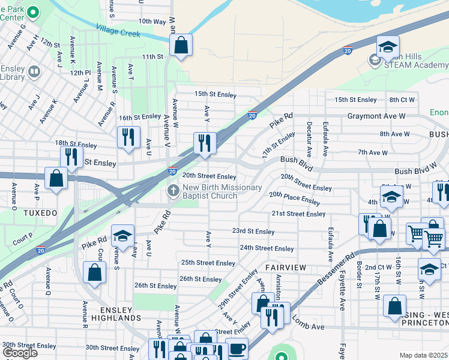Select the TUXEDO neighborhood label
(40, 213)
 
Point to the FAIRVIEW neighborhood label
(286, 266)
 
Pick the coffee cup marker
(237, 348)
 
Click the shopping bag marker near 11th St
(180, 45)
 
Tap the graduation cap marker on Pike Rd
(122, 236)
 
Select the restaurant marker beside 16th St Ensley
(128, 137)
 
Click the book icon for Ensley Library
(35, 73)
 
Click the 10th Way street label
(152, 21)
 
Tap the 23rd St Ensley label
(253, 231)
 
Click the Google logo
(20, 353)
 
